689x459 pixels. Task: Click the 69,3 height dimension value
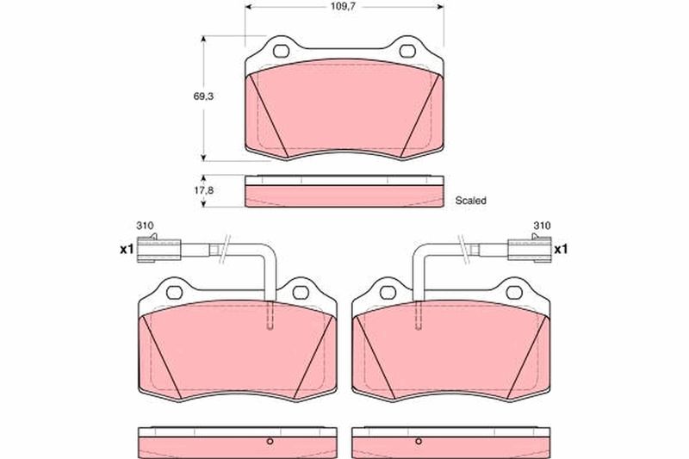[203, 96]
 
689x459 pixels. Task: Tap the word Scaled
[470, 201]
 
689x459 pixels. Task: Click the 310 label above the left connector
[145, 226]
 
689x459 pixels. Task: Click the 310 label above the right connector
[542, 226]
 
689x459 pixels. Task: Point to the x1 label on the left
[127, 250]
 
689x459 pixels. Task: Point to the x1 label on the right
[561, 250]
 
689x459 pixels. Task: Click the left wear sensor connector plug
[158, 249]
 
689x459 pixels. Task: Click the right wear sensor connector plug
[529, 249]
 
